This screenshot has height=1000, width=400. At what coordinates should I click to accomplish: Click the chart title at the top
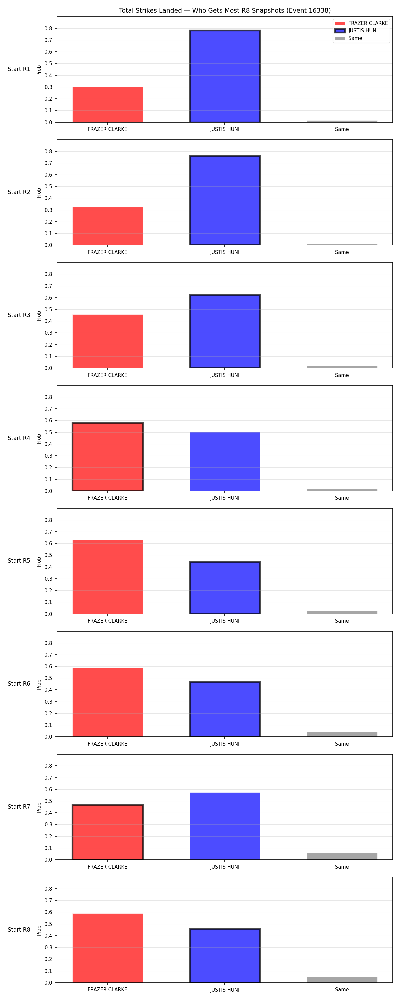(x=224, y=10)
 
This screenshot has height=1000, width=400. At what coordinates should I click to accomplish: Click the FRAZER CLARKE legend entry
(x=361, y=23)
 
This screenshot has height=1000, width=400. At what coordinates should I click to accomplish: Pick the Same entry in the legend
(x=349, y=38)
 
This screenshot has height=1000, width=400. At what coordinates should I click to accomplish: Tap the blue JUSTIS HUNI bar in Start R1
(x=225, y=76)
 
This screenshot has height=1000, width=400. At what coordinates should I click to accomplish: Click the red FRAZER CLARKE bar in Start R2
(x=108, y=226)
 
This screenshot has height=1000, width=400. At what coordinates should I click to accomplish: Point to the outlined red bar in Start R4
(x=108, y=457)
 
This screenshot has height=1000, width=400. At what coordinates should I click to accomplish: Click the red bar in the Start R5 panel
(x=108, y=577)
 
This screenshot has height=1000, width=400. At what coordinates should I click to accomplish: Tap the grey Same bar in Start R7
(x=342, y=856)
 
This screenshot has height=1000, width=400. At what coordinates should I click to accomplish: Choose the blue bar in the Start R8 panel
(x=225, y=955)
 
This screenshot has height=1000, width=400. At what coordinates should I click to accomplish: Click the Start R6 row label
(x=19, y=684)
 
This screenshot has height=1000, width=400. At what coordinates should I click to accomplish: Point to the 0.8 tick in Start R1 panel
(x=48, y=28)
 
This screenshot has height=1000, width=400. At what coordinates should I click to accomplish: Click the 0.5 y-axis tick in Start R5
(x=48, y=555)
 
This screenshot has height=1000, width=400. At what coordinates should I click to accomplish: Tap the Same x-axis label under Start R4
(x=342, y=498)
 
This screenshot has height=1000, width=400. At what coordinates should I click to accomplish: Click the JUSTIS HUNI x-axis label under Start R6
(x=225, y=744)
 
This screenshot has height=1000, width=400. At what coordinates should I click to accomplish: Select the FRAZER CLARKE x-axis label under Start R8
(x=108, y=990)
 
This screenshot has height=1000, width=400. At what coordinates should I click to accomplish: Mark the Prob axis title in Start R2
(x=39, y=193)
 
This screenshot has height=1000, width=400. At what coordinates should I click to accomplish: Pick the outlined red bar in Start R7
(x=108, y=832)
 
